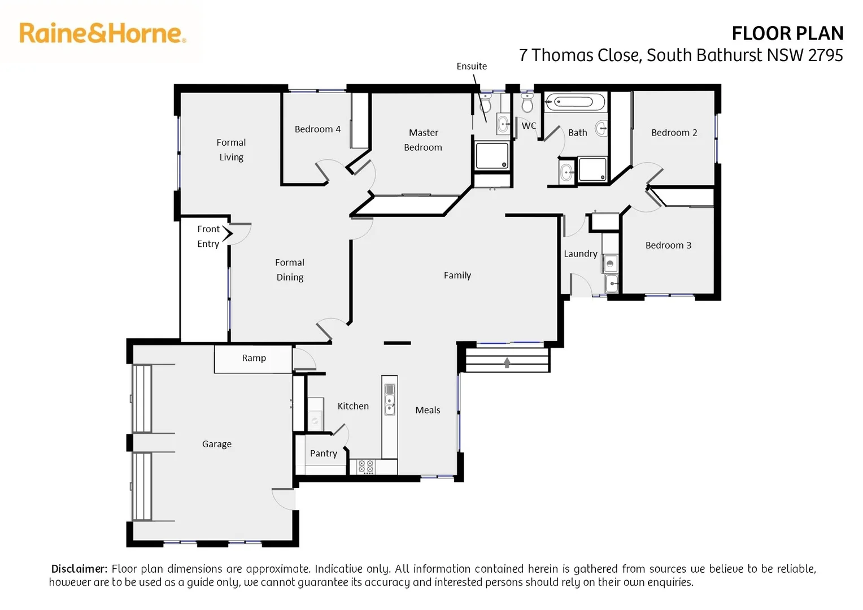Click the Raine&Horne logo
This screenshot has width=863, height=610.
[x=102, y=33]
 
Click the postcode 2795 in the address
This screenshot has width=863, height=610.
[x=825, y=55]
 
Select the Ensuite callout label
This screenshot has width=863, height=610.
[x=472, y=66]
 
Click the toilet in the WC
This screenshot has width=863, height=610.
[x=527, y=103]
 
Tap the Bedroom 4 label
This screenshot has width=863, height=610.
[x=317, y=129]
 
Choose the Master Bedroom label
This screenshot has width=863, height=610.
[x=423, y=140]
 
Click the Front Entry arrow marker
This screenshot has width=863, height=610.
[x=228, y=233]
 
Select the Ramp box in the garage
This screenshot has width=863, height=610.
[x=254, y=359]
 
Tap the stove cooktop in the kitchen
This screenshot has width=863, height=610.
[x=366, y=467]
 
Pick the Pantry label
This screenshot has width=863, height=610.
[x=323, y=454]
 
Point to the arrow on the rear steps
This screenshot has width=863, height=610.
[x=507, y=363]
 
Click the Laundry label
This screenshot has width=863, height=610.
[x=580, y=254]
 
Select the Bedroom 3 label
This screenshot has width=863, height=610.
[x=668, y=245]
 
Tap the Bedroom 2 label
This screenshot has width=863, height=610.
[x=674, y=133]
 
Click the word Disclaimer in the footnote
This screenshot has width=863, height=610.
[x=79, y=569]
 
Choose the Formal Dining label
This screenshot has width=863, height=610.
[x=290, y=270]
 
